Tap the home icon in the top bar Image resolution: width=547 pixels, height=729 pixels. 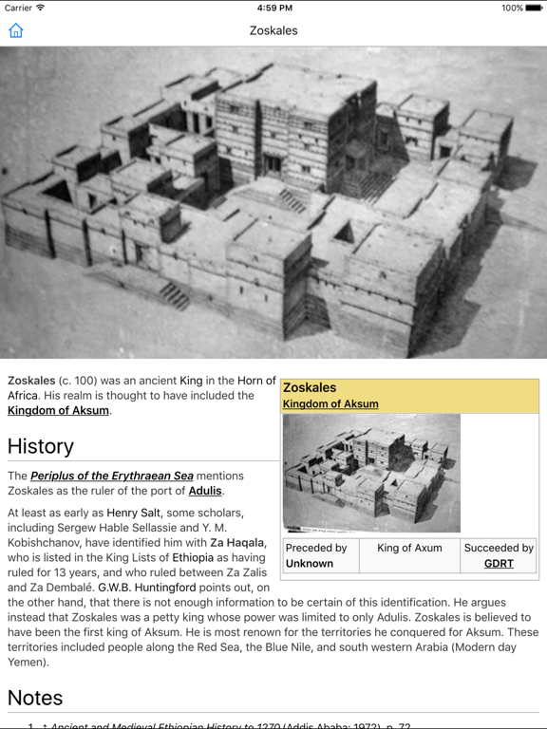click(16, 30)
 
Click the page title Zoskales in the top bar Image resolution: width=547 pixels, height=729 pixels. click(273, 30)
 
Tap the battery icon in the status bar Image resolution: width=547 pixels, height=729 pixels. click(531, 8)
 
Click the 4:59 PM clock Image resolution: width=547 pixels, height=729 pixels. click(273, 8)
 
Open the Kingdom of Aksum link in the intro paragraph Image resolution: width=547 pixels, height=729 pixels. click(58, 410)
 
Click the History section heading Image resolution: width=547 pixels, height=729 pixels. click(40, 446)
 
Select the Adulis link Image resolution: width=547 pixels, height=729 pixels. click(205, 491)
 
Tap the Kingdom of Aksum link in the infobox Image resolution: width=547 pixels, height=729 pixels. click(330, 403)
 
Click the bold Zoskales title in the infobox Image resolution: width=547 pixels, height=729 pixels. click(310, 387)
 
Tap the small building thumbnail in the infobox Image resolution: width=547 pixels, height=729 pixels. click(371, 473)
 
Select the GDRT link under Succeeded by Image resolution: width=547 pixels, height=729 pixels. click(499, 563)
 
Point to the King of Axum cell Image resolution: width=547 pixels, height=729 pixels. click(409, 548)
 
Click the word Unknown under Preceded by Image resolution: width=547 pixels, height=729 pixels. click(310, 563)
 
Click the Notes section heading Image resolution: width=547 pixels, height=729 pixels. click(35, 698)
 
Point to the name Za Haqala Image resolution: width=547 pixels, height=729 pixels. click(238, 543)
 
